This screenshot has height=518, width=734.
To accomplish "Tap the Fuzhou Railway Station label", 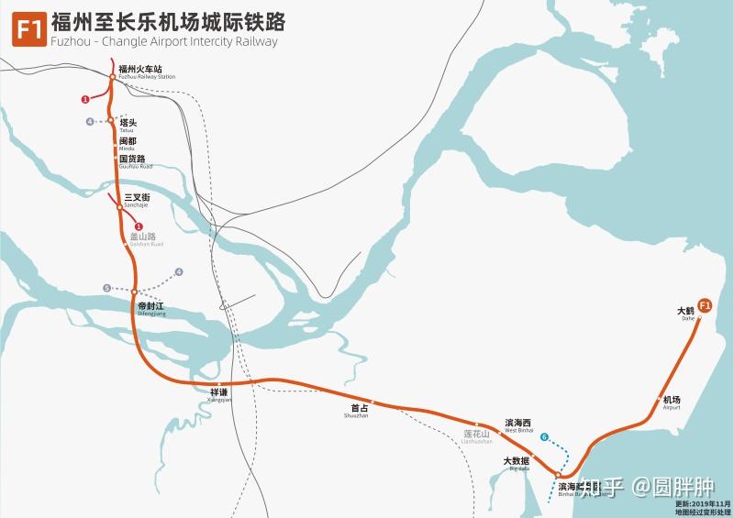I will click(x=146, y=72).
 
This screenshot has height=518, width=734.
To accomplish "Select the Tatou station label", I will click(x=128, y=125).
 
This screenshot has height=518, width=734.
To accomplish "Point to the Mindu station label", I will click(x=128, y=143).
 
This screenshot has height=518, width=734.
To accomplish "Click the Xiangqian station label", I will click(x=221, y=394).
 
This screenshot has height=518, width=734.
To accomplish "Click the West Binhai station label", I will click(x=518, y=425).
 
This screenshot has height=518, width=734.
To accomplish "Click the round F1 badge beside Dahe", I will click(x=705, y=305).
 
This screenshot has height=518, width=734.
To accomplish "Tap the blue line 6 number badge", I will click(x=544, y=436).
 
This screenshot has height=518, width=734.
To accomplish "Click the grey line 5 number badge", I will click(x=107, y=288).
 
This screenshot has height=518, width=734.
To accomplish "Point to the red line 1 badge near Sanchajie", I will click(x=139, y=226).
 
